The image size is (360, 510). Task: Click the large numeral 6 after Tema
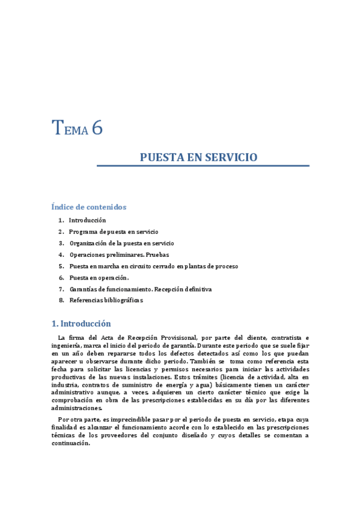[x=97, y=128]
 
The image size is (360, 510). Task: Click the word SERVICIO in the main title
[x=231, y=158]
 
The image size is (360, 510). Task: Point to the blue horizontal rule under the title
[x=203, y=165]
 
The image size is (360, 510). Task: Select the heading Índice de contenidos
[x=89, y=207]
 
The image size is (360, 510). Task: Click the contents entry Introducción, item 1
[x=87, y=221]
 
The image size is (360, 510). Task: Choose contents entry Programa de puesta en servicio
[x=114, y=232]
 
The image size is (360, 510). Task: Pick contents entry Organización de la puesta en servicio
[x=121, y=243]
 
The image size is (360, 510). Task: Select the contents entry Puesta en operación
[x=99, y=277]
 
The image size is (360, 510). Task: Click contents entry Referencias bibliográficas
[x=106, y=300]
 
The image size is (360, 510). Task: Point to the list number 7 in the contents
[x=61, y=289]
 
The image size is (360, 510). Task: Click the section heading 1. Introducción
[x=81, y=324]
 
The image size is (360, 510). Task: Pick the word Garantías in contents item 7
[x=84, y=289]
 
